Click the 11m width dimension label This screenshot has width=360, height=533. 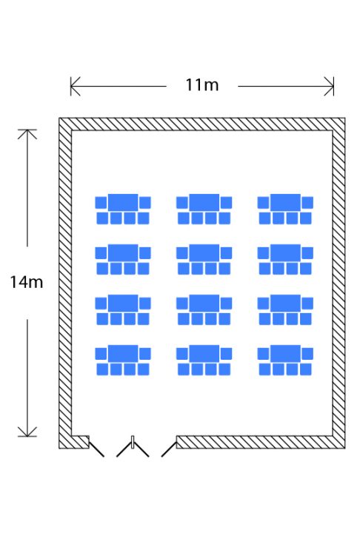tap(201, 85)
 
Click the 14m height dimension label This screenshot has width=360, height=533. tap(27, 282)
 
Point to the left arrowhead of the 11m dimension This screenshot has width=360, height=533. tap(75, 87)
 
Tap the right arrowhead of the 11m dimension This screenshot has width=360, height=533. tap(330, 87)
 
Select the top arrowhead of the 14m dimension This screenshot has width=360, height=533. tap(27, 134)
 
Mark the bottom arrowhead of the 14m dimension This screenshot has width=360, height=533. tap(27, 432)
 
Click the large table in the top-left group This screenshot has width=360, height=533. tap(123, 202)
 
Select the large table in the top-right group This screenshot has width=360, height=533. tap(285, 202)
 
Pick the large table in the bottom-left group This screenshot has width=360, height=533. tap(123, 354)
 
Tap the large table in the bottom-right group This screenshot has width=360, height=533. tap(285, 354)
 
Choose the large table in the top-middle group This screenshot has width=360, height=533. tap(204, 202)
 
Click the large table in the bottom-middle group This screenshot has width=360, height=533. tap(204, 354)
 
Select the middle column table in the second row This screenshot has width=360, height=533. tap(204, 253)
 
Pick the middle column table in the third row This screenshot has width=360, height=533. tap(204, 304)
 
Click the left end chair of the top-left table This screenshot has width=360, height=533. tap(101, 203)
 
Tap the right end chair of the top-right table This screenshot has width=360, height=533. tap(307, 203)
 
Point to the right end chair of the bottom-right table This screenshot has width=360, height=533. tap(307, 354)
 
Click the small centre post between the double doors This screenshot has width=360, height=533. tap(133, 442)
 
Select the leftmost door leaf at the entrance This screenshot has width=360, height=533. tap(96, 449)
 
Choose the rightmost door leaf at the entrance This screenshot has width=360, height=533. tap(169, 449)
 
